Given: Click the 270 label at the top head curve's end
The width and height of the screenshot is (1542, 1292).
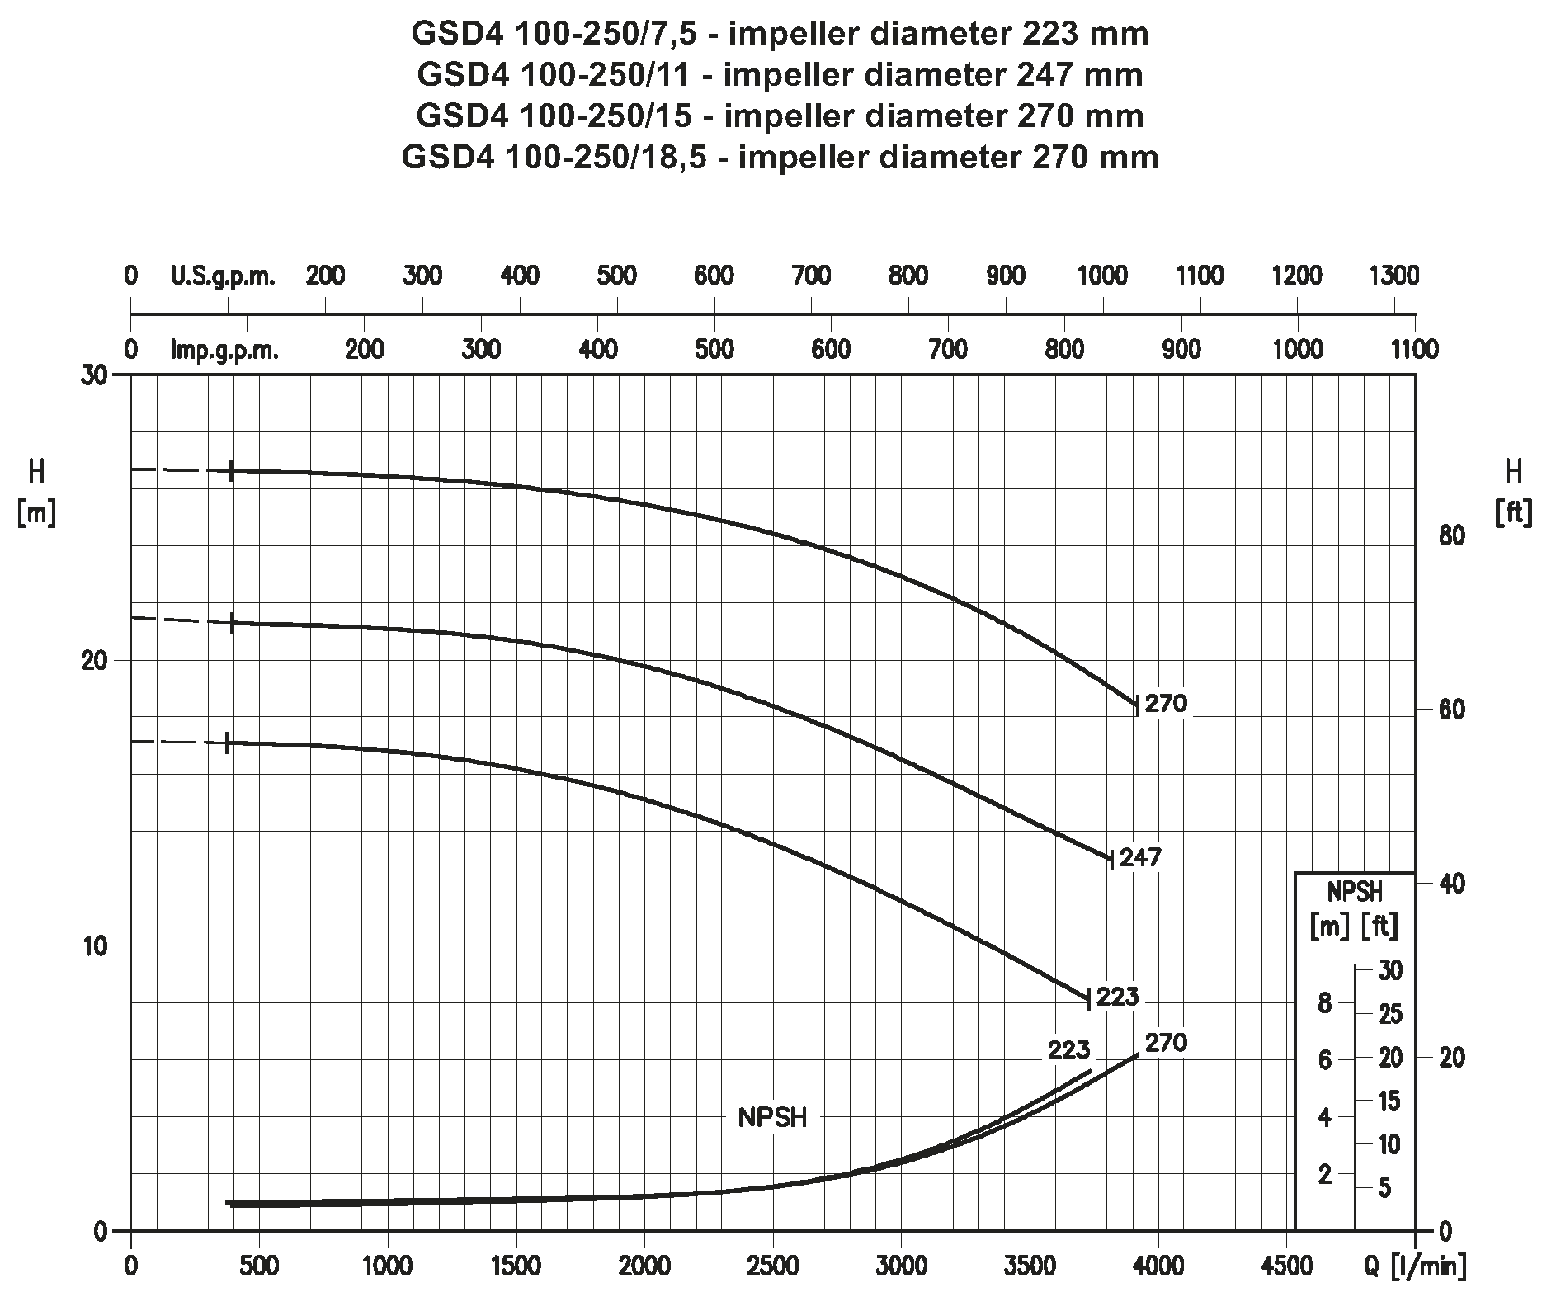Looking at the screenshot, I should click(x=1167, y=704).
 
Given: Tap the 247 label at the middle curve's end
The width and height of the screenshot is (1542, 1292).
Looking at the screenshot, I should click(x=1141, y=857).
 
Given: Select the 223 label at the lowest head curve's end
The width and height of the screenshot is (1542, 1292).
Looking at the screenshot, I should click(x=1118, y=997).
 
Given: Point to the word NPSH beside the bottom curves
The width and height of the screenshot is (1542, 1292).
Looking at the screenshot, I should click(x=772, y=1118).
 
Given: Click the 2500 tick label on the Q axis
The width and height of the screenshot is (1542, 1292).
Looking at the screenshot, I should click(x=772, y=1265).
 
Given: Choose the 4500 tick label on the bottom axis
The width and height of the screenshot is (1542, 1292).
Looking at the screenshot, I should click(x=1285, y=1265).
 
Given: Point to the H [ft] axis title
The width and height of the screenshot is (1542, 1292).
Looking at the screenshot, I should click(x=1513, y=493).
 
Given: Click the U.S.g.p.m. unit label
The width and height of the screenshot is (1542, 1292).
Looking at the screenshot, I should click(x=223, y=276).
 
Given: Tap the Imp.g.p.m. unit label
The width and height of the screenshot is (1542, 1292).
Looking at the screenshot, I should click(x=224, y=350).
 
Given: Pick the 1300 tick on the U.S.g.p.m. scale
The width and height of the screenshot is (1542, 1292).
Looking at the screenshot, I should click(x=1393, y=276).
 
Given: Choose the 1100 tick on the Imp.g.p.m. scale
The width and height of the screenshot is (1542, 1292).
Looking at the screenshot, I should click(x=1414, y=350).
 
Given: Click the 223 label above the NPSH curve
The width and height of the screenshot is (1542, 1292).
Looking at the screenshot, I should click(x=1068, y=1051).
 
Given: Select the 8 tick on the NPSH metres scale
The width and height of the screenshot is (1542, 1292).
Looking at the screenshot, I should click(x=1325, y=1004).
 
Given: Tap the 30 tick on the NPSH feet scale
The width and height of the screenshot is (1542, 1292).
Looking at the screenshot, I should click(x=1390, y=971).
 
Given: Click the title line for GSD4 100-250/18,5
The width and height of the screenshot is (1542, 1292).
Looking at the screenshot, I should click(x=780, y=157).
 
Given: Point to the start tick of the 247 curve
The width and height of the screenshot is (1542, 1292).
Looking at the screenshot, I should click(x=233, y=623).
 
